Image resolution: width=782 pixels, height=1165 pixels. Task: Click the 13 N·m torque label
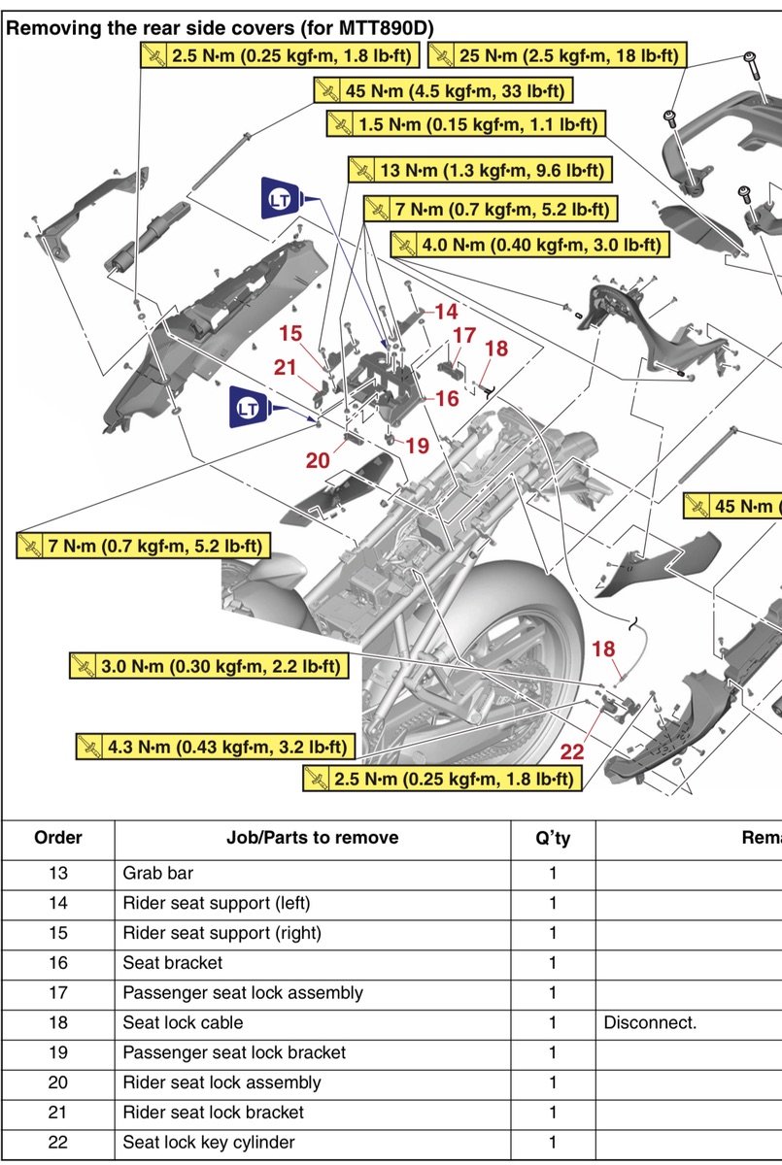pyautogui.click(x=481, y=171)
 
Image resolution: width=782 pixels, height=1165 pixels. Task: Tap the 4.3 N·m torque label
pyautogui.click(x=215, y=747)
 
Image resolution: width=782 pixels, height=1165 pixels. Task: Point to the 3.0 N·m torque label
pyautogui.click(x=209, y=666)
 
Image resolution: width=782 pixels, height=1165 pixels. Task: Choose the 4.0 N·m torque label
pyautogui.click(x=529, y=244)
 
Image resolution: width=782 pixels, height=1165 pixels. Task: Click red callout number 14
pyautogui.click(x=446, y=312)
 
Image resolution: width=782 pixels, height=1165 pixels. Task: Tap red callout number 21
pyautogui.click(x=285, y=367)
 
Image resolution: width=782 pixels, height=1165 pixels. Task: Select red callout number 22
pyautogui.click(x=573, y=750)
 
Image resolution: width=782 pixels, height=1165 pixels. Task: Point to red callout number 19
pyautogui.click(x=417, y=446)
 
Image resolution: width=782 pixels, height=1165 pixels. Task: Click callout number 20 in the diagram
pyautogui.click(x=319, y=461)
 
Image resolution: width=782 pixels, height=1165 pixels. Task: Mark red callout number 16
pyautogui.click(x=446, y=398)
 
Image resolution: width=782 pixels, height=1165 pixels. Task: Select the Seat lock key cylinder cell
pyautogui.click(x=208, y=1142)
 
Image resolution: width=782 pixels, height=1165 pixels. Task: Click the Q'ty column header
pyautogui.click(x=553, y=838)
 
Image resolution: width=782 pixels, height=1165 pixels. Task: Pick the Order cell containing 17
pyautogui.click(x=57, y=992)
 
